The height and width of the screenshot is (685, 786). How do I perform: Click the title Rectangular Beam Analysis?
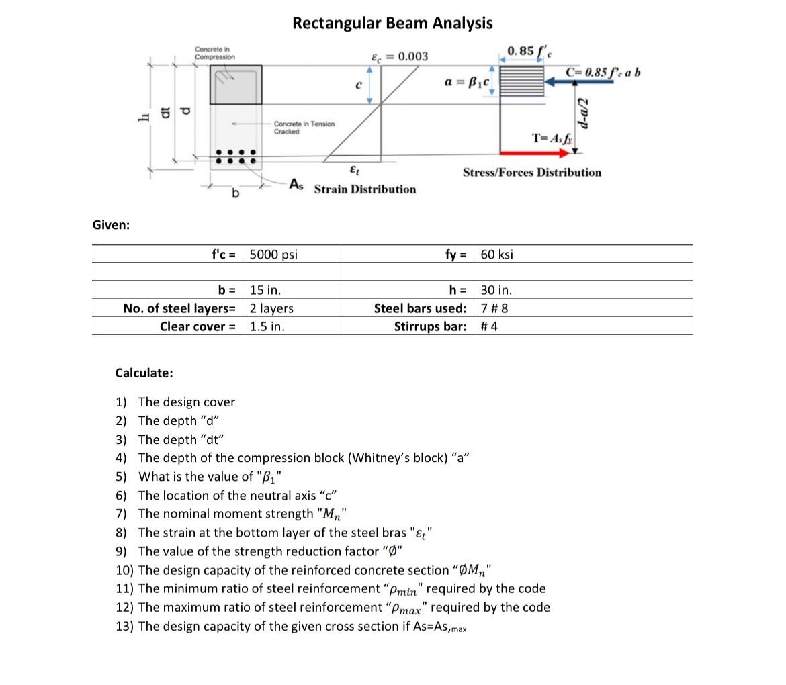click(392, 24)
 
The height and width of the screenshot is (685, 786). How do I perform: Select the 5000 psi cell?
click(273, 255)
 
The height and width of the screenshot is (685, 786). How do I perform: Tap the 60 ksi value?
click(497, 255)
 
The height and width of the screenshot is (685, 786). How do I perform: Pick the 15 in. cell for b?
click(265, 291)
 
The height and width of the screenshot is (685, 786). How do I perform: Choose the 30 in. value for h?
click(496, 291)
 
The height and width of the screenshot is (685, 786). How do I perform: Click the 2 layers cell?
click(271, 309)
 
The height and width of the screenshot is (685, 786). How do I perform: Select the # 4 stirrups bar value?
click(489, 327)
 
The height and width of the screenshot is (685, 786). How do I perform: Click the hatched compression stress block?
click(522, 81)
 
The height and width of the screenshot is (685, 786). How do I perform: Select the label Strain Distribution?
click(365, 189)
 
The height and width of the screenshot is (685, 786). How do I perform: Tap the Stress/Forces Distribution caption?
click(531, 173)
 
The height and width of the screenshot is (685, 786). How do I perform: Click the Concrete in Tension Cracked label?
click(304, 128)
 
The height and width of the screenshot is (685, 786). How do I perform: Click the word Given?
click(111, 225)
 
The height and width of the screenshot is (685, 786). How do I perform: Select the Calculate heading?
click(144, 373)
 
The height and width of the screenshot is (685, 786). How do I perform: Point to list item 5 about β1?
click(210, 477)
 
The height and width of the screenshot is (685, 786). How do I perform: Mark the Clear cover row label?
click(198, 327)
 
